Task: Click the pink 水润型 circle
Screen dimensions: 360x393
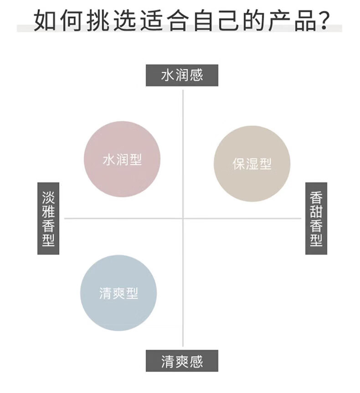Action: (x=122, y=159)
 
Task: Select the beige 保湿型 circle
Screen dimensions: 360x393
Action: (x=252, y=164)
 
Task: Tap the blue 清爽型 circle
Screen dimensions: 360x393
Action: (x=118, y=293)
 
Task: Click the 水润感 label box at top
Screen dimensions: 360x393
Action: (x=182, y=75)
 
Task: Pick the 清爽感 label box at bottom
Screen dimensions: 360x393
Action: (x=182, y=361)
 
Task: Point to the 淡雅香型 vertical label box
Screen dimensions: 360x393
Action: (x=48, y=218)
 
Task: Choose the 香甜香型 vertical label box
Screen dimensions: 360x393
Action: (x=316, y=218)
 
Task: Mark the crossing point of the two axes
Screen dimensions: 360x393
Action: (x=183, y=218)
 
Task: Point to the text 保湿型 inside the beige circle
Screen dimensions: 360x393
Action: (x=252, y=164)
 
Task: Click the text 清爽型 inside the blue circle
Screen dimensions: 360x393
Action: (x=118, y=293)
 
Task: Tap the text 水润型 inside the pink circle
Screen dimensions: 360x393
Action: (x=122, y=160)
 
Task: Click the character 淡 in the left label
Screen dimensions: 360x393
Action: (x=48, y=196)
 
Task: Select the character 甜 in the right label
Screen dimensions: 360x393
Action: (x=316, y=211)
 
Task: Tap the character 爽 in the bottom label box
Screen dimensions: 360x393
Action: (x=182, y=361)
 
